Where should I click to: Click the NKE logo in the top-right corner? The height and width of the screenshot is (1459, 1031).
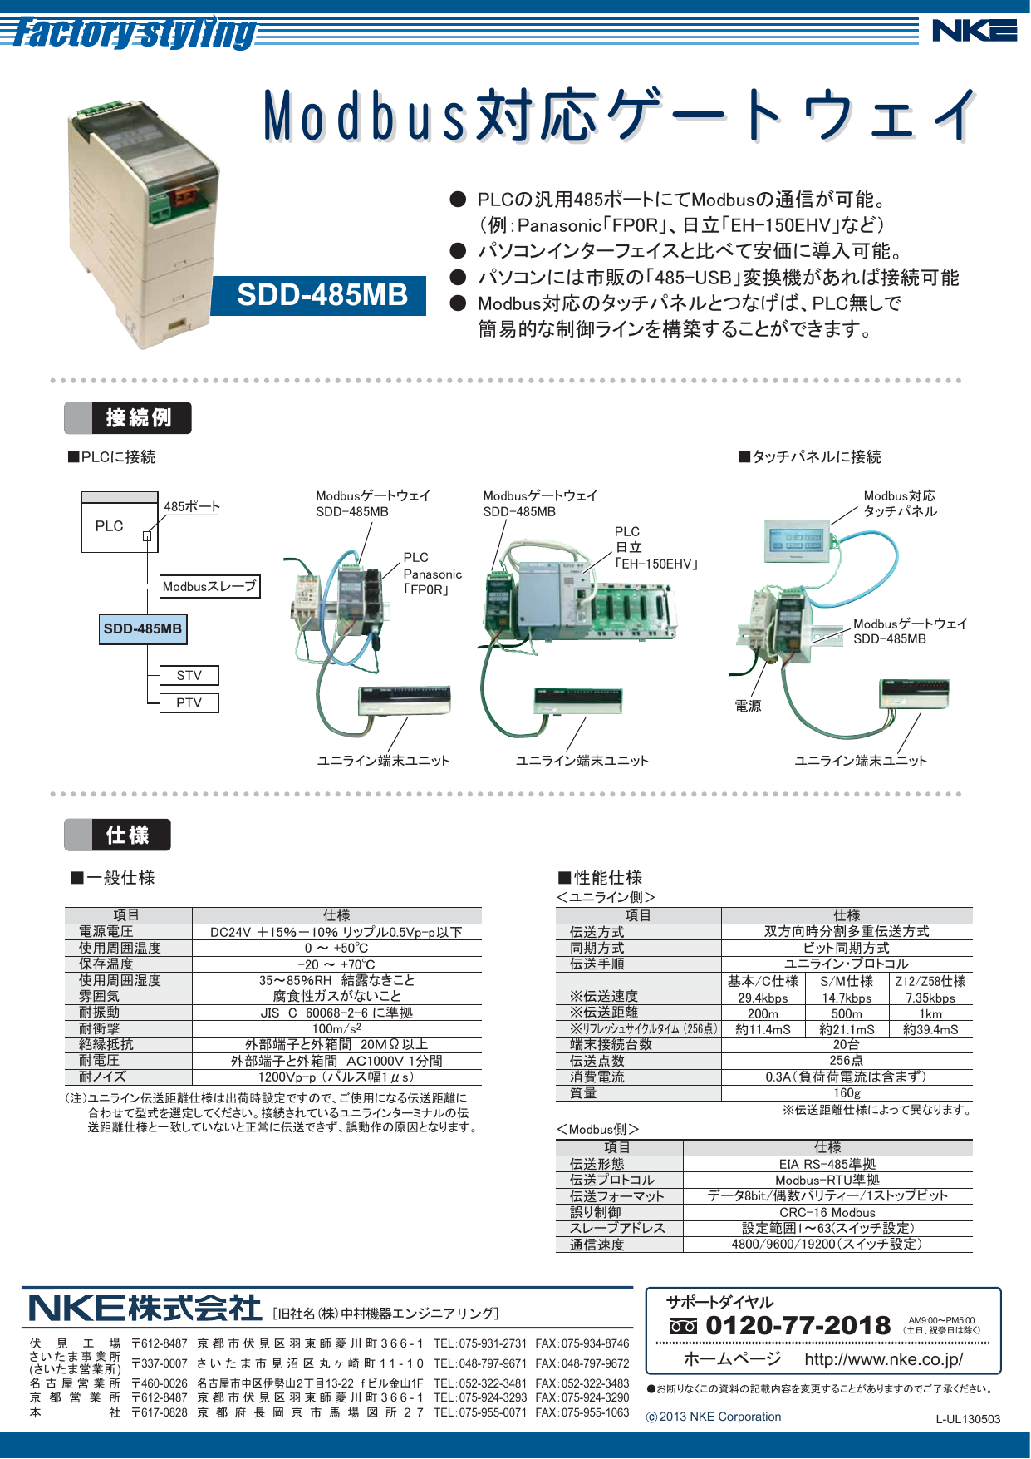[x=974, y=31]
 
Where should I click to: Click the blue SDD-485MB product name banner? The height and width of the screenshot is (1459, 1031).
[x=322, y=295]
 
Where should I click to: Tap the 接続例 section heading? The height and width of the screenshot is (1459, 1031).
[x=138, y=417]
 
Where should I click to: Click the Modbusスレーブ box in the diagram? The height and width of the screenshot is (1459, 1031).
[x=209, y=586]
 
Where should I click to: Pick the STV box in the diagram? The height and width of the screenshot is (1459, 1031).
[x=189, y=675]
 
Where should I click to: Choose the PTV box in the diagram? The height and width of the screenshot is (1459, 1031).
[x=189, y=702]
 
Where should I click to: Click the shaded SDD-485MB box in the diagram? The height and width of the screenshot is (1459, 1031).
[x=142, y=628]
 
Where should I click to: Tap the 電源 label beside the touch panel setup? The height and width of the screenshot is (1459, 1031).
[x=748, y=706]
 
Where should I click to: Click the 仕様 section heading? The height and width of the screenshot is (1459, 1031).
[x=127, y=835]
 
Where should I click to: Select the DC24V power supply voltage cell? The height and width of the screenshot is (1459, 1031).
[x=336, y=932]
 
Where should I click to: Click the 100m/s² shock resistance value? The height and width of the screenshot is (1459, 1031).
[x=336, y=1028]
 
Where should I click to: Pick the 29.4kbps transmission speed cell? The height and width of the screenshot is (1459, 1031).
[x=763, y=998]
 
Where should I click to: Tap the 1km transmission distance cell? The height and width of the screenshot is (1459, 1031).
[x=930, y=1013]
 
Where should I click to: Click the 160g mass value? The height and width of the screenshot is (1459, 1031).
[x=847, y=1093]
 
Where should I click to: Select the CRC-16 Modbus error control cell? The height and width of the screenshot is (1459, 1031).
[x=827, y=1212]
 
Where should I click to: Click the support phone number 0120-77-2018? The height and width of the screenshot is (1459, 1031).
[x=798, y=1325]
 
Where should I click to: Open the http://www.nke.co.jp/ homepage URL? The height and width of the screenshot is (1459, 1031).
[x=883, y=1359]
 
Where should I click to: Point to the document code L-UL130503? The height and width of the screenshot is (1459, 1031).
[x=968, y=1419]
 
